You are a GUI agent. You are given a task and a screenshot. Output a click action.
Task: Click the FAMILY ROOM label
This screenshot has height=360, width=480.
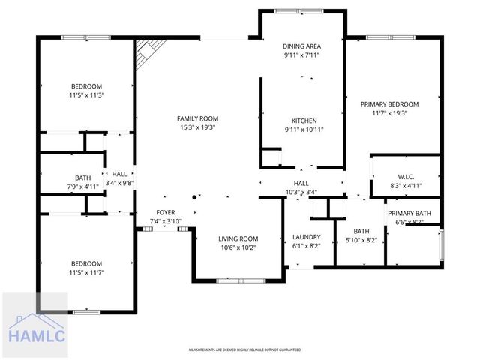tap(197, 118)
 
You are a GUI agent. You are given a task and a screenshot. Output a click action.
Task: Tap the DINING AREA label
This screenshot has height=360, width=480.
tap(302, 45)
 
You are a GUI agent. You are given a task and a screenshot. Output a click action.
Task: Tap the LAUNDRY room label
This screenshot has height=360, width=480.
tap(306, 237)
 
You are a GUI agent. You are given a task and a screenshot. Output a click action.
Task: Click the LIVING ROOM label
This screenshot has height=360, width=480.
tap(238, 239)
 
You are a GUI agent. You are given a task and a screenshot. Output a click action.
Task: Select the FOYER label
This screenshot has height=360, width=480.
tap(166, 213)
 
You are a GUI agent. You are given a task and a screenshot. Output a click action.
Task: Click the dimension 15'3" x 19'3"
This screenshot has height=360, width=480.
tap(197, 128)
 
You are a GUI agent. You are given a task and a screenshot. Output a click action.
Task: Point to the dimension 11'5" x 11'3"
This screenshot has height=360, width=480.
tap(86, 95)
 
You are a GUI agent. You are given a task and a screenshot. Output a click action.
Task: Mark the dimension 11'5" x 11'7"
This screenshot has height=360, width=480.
tap(86, 273)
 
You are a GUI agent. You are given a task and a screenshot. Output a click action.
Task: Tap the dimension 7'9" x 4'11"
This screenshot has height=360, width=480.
tap(82, 187)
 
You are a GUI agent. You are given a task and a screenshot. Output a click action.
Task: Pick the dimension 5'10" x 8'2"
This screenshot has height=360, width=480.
tap(361, 241)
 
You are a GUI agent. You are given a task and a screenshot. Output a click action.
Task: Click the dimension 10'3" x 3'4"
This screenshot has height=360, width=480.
tap(301, 192)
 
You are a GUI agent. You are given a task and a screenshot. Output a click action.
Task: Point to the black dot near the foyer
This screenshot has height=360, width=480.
tap(194, 197)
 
